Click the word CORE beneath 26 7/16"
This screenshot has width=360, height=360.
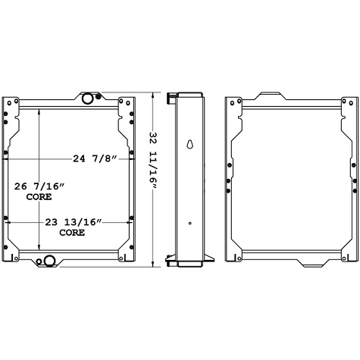click(39, 197)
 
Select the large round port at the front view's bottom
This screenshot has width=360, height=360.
click(50, 261)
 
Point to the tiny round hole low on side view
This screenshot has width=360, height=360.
click(189, 222)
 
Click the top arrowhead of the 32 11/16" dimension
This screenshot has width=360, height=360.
click(156, 95)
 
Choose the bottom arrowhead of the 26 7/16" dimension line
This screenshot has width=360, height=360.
click(39, 250)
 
